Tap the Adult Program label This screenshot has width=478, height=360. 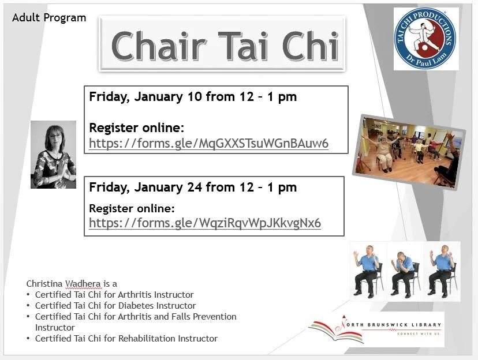click(x=49, y=18)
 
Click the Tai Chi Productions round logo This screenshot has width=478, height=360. click(x=427, y=39)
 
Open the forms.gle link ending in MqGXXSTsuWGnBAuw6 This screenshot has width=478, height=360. click(x=208, y=143)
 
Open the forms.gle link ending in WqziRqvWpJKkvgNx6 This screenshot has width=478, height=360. click(x=205, y=223)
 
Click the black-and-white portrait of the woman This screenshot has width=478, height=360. click(x=53, y=154)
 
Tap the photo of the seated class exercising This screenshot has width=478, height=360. click(x=409, y=151)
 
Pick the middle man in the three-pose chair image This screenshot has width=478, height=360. click(x=405, y=271)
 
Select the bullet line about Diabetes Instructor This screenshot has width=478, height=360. click(x=115, y=305)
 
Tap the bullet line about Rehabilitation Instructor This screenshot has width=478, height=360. click(x=126, y=338)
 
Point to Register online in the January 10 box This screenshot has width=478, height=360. click(x=136, y=127)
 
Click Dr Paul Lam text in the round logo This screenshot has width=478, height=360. click(x=427, y=62)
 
